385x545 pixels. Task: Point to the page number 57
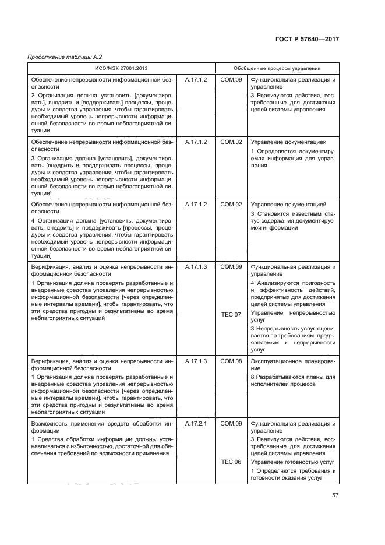(x=335, y=495)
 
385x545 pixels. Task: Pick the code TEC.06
(x=231, y=462)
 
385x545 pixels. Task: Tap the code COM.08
(x=231, y=361)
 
